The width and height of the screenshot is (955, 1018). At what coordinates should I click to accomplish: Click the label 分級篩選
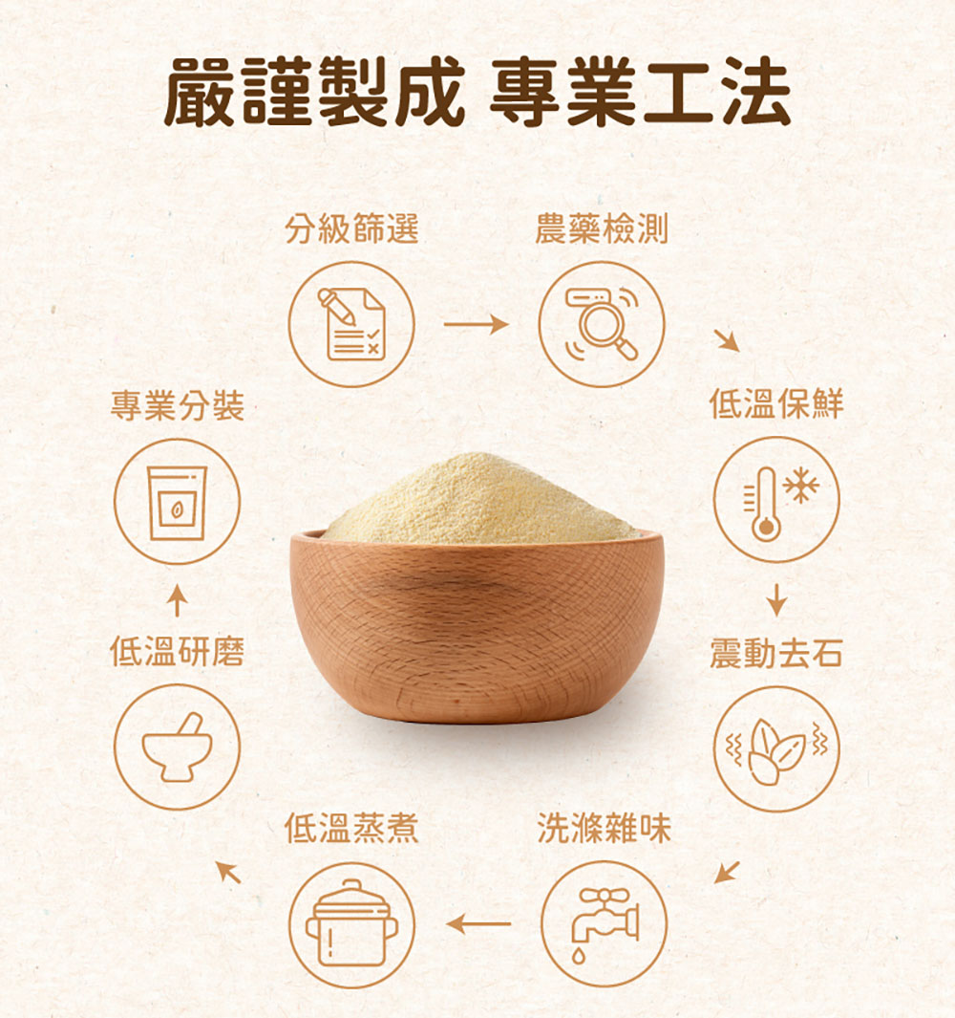351,229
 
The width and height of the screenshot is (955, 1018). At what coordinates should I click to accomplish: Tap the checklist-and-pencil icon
351,324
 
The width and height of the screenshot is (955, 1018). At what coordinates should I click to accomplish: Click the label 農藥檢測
602,229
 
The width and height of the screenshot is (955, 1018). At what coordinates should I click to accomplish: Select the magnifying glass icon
602,324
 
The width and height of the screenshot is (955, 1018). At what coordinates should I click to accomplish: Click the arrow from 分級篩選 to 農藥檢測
477,324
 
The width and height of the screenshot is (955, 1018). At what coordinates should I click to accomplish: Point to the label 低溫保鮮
776,403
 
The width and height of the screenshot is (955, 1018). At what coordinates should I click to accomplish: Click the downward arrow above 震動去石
776,600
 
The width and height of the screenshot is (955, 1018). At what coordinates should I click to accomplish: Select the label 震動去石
776,653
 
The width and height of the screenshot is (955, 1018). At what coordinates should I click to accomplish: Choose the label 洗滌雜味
604,829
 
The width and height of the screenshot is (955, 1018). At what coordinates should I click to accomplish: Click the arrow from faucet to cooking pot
478,924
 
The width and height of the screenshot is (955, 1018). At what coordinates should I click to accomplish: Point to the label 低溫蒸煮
351,829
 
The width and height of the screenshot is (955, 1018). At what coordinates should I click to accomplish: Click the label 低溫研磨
177,652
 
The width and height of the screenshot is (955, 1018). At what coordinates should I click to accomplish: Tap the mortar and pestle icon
177,747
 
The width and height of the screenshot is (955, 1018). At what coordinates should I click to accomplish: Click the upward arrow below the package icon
177,600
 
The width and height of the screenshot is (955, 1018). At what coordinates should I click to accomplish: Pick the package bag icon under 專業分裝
177,501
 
